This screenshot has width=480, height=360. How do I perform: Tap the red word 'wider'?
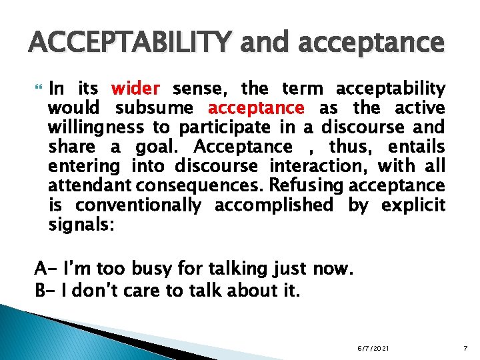[135, 88]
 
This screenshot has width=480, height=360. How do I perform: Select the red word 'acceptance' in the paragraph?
[257, 107]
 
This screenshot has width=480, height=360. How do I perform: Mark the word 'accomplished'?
[276, 205]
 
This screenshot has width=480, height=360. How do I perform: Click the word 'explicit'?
[413, 205]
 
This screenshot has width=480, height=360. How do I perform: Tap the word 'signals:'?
[82, 225]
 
